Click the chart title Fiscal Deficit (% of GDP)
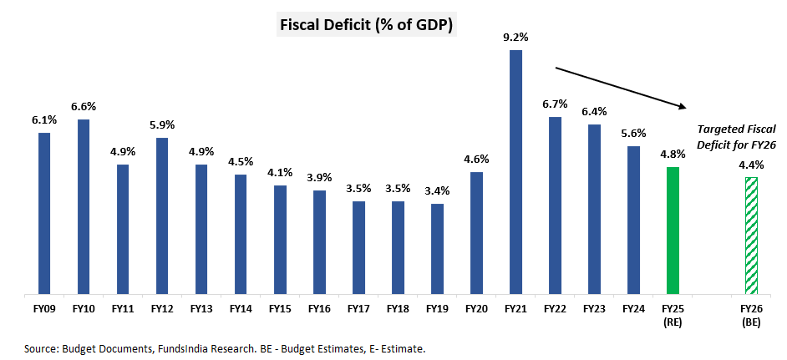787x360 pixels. coord(366,25)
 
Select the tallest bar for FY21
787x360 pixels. coord(515,171)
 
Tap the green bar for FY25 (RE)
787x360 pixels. coord(673,231)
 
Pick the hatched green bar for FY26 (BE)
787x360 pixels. coord(751,236)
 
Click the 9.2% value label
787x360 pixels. coord(515,37)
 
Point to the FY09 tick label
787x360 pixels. coord(44,308)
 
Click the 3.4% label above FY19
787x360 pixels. coord(437,190)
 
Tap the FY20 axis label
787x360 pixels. coord(476,308)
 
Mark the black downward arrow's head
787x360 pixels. coord(683,106)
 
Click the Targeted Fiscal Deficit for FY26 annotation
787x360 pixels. coord(737,137)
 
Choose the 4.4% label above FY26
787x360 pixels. coord(751,165)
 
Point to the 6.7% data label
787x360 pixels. coord(555,104)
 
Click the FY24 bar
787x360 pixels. coord(633,221)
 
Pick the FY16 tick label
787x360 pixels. coord(319,308)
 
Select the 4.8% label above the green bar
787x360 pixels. coord(673,154)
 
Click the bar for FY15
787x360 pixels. coord(280,240)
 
